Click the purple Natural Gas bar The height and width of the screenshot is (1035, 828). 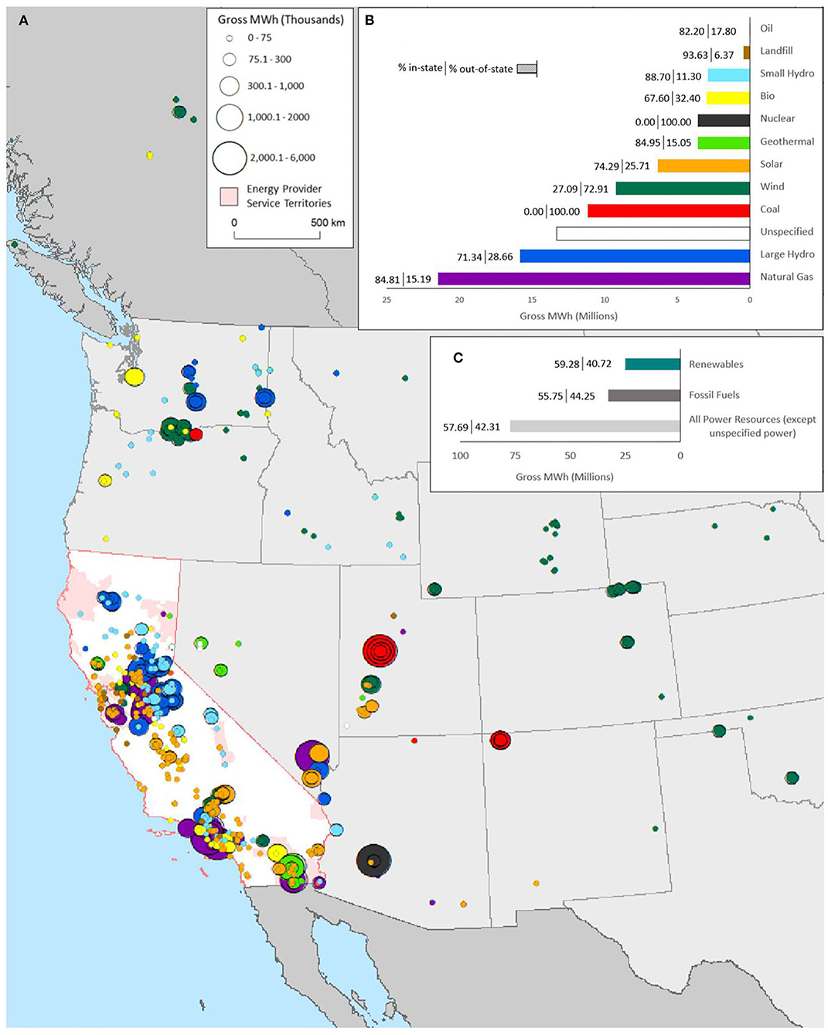click(594, 279)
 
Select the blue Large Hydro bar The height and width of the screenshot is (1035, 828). click(635, 256)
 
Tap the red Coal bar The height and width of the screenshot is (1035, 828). click(669, 211)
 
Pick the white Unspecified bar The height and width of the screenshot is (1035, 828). click(653, 233)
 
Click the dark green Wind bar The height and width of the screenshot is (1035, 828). click(683, 188)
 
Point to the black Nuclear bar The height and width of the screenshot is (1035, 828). click(724, 121)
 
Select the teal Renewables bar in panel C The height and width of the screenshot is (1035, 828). click(653, 364)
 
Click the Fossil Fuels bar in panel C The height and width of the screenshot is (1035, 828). click(644, 395)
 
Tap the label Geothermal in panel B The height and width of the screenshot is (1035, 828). click(787, 141)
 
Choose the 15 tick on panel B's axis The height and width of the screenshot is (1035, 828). click(532, 300)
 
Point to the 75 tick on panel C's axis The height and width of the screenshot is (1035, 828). click(515, 455)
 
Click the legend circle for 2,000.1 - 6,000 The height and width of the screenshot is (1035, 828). click(230, 158)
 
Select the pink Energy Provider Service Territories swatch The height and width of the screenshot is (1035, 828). click(229, 196)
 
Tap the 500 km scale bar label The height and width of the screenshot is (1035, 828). click(328, 223)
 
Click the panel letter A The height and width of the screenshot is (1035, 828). click(24, 21)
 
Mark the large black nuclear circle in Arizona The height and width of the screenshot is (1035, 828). click(373, 860)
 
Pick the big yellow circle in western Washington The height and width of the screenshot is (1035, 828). click(134, 377)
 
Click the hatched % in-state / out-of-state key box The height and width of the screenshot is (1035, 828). click(526, 69)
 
